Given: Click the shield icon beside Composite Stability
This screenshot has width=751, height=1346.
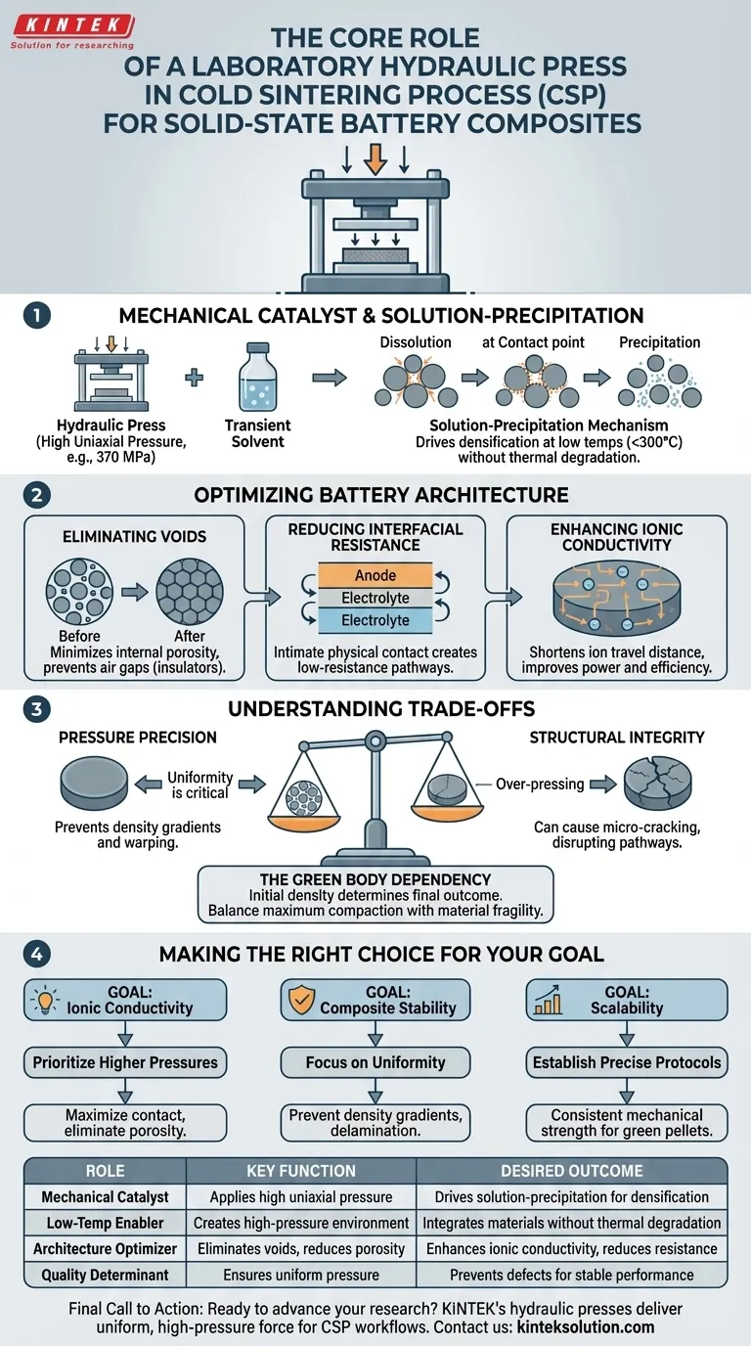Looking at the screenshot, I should [300, 999].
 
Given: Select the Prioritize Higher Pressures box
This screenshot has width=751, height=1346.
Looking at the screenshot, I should [125, 1062].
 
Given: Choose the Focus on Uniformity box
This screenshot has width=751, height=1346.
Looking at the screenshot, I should [375, 1062].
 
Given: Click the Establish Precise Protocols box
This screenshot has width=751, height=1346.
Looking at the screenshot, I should [627, 1062].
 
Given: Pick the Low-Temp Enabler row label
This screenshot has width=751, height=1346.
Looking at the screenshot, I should [105, 1223].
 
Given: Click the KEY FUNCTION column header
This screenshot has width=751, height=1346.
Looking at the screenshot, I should [300, 1171].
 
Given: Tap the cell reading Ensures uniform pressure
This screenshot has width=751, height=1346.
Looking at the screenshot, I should [300, 1276].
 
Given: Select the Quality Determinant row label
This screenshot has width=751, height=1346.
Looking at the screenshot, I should [105, 1276].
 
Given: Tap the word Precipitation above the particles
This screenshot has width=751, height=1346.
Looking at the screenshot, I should [660, 342].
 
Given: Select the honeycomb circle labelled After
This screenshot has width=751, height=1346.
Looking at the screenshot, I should [190, 594].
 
